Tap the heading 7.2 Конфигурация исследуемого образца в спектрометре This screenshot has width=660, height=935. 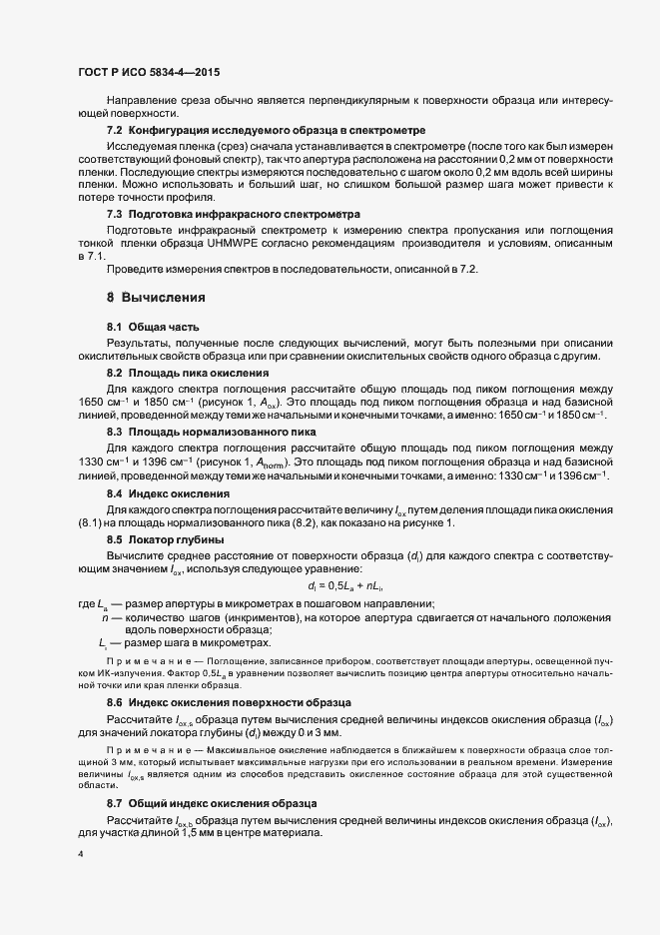click(x=267, y=131)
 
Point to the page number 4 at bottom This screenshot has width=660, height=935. click(x=81, y=854)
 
